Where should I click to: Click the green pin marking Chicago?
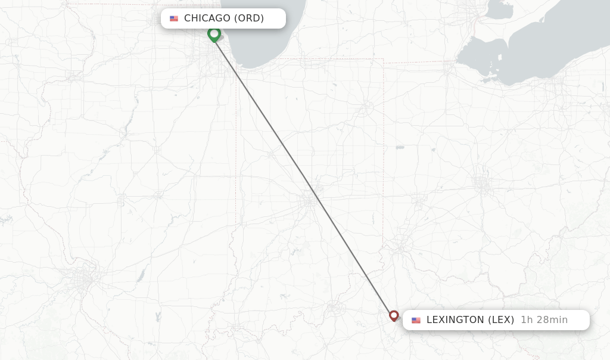pyautogui.click(x=214, y=33)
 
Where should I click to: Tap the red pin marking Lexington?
pyautogui.click(x=394, y=315)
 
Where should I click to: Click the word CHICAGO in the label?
pyautogui.click(x=207, y=18)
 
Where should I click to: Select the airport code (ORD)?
pyautogui.click(x=248, y=18)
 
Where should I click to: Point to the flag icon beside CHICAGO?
pyautogui.click(x=174, y=18)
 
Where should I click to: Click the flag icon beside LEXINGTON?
pyautogui.click(x=416, y=320)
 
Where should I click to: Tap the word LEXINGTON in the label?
pyautogui.click(x=455, y=320)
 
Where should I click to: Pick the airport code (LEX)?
pyautogui.click(x=501, y=320)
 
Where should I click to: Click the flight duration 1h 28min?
pyautogui.click(x=544, y=320)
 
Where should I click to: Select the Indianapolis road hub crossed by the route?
pyautogui.click(x=310, y=201)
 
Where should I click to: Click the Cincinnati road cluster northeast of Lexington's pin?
pyautogui.click(x=402, y=245)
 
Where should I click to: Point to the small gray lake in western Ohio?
pyautogui.click(x=400, y=147)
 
